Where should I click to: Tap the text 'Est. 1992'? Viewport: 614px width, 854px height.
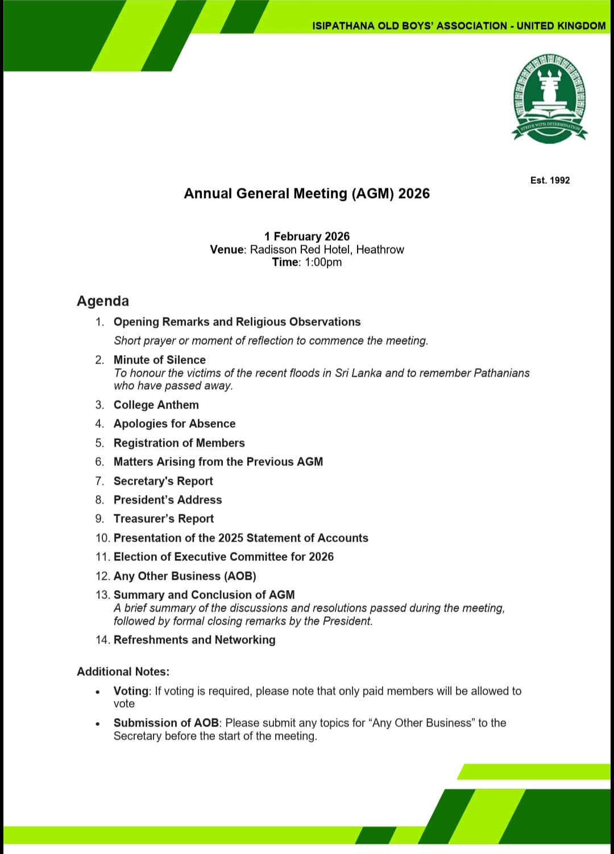[x=550, y=180]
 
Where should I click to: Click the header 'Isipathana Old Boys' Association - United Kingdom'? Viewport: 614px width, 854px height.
[x=459, y=26]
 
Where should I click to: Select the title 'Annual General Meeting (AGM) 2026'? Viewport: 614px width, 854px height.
[x=306, y=193]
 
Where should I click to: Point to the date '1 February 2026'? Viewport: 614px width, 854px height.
[x=306, y=236]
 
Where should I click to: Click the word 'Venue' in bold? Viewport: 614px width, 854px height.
[x=226, y=249]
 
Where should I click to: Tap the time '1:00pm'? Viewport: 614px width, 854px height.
[x=323, y=262]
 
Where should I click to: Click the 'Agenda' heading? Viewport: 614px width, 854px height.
[x=103, y=301]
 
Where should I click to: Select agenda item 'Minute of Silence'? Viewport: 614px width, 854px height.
[x=159, y=360]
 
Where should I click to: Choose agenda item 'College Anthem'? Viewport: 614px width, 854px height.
[x=156, y=405]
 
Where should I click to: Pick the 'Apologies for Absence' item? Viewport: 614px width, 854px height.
[x=174, y=423]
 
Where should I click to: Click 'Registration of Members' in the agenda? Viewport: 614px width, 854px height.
[x=179, y=443]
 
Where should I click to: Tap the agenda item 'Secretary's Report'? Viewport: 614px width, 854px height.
[x=163, y=481]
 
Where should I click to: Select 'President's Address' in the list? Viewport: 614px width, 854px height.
[x=168, y=500]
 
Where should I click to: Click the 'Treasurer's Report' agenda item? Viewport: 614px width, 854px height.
[x=164, y=518]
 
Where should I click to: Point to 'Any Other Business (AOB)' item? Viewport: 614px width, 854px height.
[x=185, y=576]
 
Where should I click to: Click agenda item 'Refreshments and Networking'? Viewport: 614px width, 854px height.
[x=194, y=640]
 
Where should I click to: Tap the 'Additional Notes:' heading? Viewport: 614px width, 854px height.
[x=123, y=671]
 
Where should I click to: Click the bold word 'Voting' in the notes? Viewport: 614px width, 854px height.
[x=131, y=691]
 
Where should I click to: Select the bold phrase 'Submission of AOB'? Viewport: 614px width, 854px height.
[x=166, y=723]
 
